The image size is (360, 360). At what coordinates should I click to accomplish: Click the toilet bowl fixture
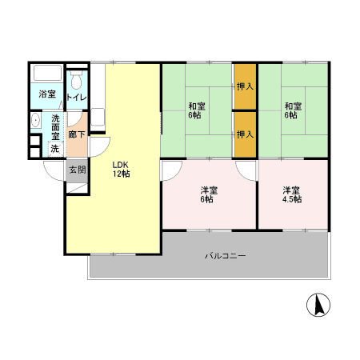click(77, 79)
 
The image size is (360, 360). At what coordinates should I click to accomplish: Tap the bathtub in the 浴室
click(47, 73)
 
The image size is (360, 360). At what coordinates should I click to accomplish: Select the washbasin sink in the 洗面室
click(35, 120)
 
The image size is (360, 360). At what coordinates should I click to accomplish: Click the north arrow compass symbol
click(318, 305)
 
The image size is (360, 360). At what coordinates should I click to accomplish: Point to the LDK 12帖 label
click(122, 169)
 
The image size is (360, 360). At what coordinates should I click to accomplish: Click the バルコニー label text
click(226, 256)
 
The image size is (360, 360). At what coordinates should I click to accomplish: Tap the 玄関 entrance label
click(78, 170)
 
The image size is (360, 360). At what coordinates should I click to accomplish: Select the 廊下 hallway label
click(77, 134)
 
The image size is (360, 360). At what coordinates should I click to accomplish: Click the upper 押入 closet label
click(245, 86)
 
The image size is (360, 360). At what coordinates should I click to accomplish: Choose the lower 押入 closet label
click(245, 134)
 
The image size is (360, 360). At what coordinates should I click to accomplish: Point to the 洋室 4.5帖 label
click(292, 195)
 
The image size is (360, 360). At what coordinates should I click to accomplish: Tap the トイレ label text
click(77, 98)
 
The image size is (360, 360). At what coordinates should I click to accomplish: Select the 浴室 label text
click(47, 94)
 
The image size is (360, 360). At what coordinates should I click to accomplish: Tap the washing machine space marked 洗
click(55, 149)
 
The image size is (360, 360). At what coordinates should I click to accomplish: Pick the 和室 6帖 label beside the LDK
click(197, 110)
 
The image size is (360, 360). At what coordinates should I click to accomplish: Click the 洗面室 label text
click(55, 127)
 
